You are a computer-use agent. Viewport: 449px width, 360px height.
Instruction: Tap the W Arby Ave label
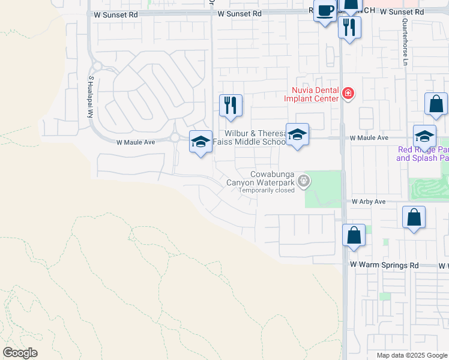(368, 202)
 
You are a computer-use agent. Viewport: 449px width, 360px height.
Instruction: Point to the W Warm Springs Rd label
(384, 265)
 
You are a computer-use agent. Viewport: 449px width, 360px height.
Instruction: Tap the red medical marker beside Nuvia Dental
(347, 93)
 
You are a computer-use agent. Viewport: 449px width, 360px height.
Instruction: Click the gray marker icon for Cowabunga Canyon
(304, 179)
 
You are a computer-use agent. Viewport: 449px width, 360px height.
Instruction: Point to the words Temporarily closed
(267, 191)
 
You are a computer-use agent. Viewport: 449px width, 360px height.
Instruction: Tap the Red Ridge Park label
(423, 154)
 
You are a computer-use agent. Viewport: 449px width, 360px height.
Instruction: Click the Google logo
(20, 352)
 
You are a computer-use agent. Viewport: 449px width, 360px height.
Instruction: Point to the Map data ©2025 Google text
(411, 355)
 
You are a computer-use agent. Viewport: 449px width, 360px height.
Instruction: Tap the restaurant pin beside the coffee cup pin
(349, 27)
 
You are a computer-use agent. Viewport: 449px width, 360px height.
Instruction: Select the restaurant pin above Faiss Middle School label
(231, 106)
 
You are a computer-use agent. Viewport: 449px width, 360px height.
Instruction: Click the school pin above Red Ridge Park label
(424, 136)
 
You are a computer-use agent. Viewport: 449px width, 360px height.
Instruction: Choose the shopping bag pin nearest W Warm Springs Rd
(354, 235)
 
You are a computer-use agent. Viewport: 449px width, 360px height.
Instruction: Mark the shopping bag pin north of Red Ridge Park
(436, 104)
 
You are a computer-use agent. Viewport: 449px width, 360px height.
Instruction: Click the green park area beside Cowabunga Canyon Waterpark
(322, 188)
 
